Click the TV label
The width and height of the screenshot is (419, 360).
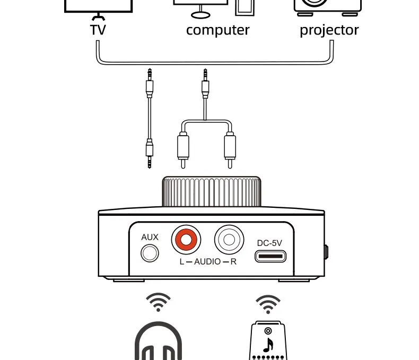click(98, 30)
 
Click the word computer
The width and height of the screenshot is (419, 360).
click(217, 30)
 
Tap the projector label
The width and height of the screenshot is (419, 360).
click(329, 30)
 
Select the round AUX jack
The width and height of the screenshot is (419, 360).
click(150, 253)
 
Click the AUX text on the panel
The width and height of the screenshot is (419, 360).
click(150, 237)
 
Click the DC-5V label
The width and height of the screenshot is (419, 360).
click(269, 243)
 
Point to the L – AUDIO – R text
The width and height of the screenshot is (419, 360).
click(207, 262)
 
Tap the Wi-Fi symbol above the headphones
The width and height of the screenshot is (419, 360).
click(158, 302)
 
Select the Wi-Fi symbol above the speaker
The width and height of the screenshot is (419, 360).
click(268, 304)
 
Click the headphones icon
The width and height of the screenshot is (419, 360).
click(159, 342)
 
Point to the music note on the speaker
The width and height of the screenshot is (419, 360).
click(269, 345)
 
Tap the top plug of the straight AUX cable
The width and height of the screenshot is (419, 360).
click(150, 82)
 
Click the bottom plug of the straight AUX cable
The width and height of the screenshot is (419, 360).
click(150, 153)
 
